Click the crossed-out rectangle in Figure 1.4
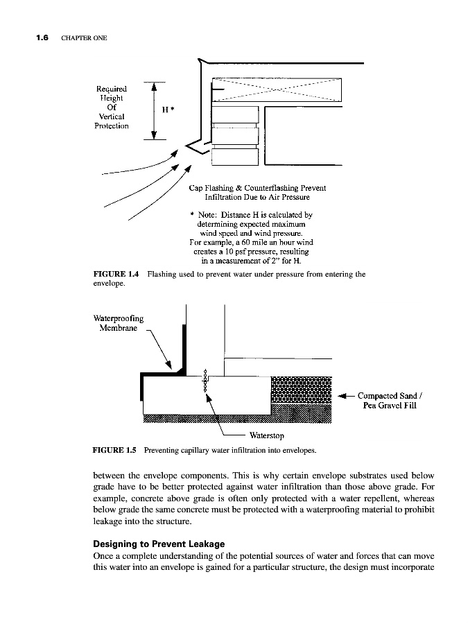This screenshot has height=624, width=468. click(277, 89)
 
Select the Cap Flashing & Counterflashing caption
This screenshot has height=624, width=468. click(257, 193)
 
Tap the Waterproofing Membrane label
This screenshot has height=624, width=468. click(118, 323)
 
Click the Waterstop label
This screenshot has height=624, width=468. click(267, 436)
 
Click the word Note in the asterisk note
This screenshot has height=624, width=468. click(207, 215)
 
